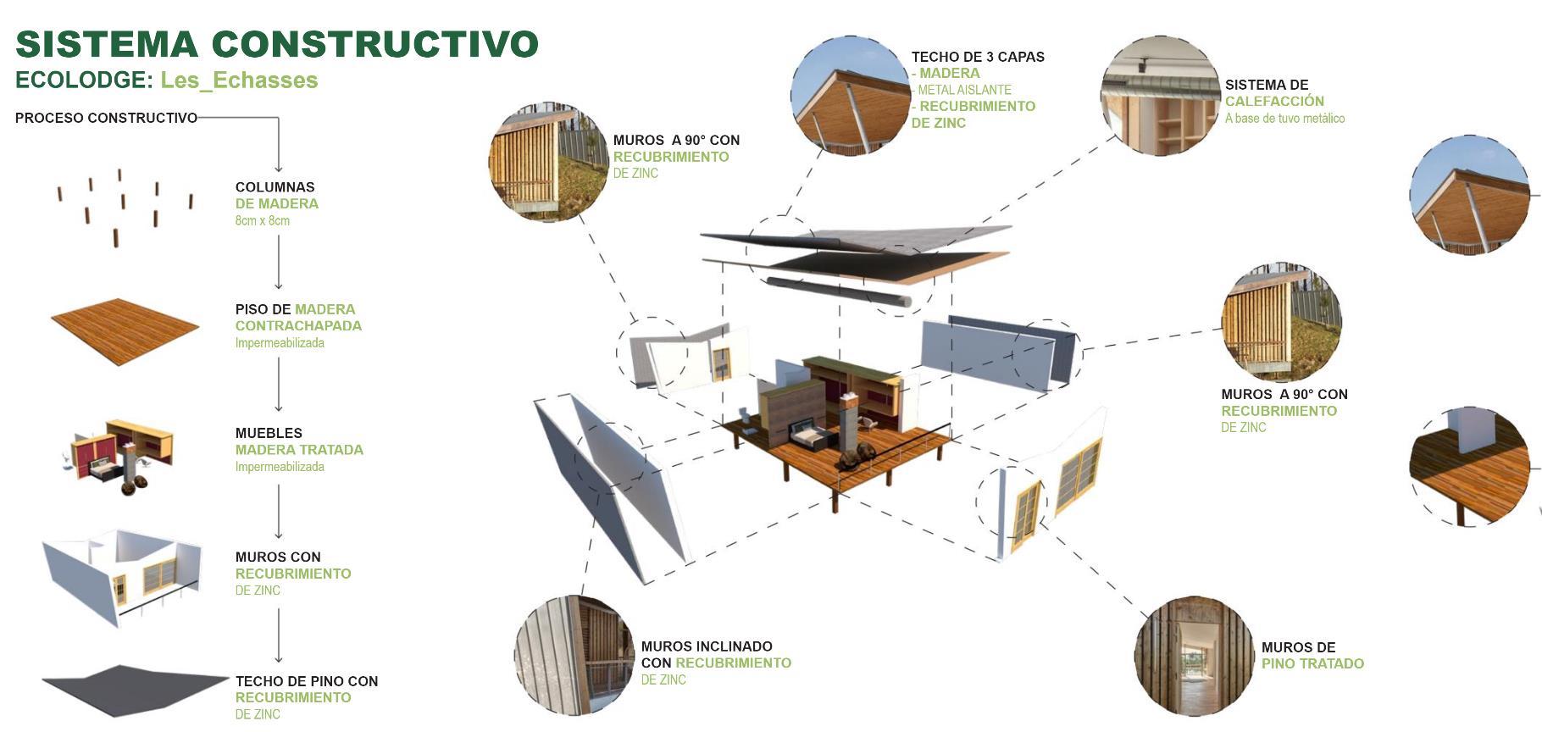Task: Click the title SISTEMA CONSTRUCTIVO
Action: tap(276, 44)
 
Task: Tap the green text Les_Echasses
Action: tap(239, 80)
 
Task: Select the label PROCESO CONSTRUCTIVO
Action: tap(106, 118)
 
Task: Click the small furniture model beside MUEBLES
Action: tap(123, 455)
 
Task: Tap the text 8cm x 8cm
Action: tap(263, 221)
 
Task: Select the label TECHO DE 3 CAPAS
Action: tap(978, 57)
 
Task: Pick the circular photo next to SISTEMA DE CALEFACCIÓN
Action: tap(1160, 96)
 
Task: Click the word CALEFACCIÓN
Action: tap(1274, 102)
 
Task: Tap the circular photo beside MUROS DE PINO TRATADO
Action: tap(1194, 655)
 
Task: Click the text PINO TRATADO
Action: tap(1312, 664)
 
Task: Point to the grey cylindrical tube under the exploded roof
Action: tap(839, 291)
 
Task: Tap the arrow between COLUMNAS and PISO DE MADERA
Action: tap(278, 263)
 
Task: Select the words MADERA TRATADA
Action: tap(299, 450)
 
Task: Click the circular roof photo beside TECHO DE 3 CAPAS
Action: tap(850, 96)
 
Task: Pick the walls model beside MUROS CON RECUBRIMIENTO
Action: tap(123, 576)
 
